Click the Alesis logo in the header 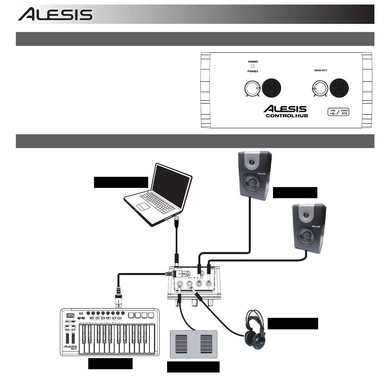click(x=55, y=15)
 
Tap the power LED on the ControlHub click(x=253, y=66)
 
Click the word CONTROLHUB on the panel click(x=287, y=116)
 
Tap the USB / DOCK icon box click(x=338, y=112)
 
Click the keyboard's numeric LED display click(x=69, y=316)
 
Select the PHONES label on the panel click(x=253, y=71)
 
